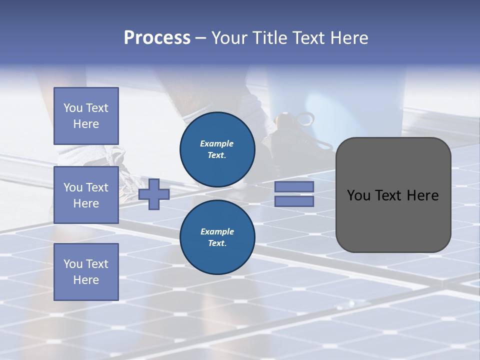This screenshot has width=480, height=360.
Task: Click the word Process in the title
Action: (157, 38)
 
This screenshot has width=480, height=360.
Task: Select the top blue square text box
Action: (86, 116)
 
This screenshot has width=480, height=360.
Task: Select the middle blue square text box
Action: (86, 195)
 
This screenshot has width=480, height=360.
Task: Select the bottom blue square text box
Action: (86, 272)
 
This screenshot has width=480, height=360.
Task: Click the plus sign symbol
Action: (154, 194)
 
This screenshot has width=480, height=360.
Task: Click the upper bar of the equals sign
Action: (294, 186)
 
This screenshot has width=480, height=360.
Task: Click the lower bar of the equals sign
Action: (294, 201)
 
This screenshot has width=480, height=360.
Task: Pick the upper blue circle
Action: (217, 149)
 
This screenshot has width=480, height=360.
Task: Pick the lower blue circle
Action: (217, 237)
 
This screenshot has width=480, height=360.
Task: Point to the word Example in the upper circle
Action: (217, 143)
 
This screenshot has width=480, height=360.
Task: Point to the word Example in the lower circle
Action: (217, 231)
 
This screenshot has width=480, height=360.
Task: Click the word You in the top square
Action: (73, 108)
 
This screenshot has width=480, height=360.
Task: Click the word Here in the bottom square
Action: (86, 280)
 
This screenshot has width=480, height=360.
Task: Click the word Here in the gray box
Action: (422, 195)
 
